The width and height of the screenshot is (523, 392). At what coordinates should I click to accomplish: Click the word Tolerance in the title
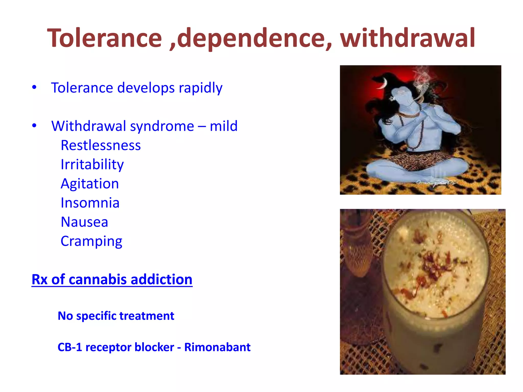(x=105, y=38)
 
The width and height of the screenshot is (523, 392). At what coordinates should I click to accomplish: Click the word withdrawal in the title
(x=408, y=38)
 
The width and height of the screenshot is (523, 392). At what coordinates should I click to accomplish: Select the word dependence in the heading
(x=250, y=38)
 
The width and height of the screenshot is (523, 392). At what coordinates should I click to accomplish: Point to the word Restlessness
(x=101, y=145)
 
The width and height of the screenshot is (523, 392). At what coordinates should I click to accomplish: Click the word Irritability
(x=92, y=165)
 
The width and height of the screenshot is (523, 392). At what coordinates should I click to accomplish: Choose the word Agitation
(x=90, y=184)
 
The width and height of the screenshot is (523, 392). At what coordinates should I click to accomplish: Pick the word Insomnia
(x=90, y=203)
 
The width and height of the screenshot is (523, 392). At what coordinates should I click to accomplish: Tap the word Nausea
(x=84, y=222)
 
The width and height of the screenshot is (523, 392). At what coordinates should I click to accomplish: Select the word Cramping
(x=91, y=241)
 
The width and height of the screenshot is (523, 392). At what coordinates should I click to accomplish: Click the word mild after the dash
(x=223, y=126)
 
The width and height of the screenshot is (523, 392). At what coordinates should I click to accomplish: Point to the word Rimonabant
(x=217, y=347)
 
